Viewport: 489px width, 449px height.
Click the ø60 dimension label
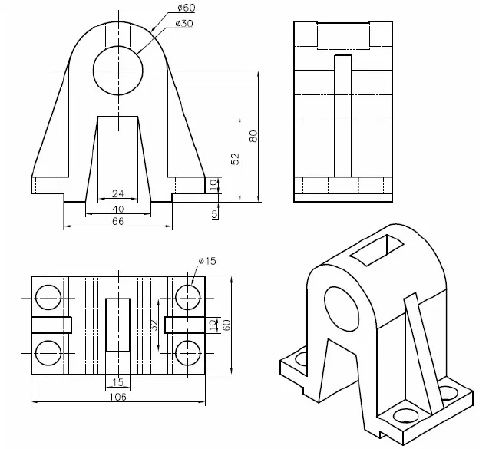[186, 8]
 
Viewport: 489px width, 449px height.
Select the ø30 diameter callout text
[183, 25]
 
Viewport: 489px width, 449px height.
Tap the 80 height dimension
[253, 135]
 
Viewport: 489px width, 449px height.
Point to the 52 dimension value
[236, 158]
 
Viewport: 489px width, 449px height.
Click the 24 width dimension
[117, 193]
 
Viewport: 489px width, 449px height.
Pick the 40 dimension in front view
[117, 208]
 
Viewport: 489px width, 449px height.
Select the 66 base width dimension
[117, 221]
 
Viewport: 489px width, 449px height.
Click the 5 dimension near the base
[214, 213]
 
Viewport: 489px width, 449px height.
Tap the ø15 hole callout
[207, 262]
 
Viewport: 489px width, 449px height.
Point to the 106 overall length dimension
[117, 397]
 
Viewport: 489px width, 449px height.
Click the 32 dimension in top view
[154, 325]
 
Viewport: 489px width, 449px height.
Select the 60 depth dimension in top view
[226, 325]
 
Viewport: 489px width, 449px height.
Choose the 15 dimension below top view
[117, 382]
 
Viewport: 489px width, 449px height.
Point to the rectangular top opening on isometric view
[376, 249]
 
